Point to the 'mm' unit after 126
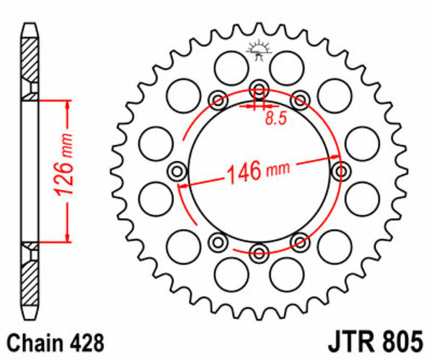click(x=66, y=142)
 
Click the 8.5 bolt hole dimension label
click(x=272, y=119)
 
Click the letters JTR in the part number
click(x=343, y=339)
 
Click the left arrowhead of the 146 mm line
click(x=184, y=186)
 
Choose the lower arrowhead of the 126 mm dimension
click(x=67, y=238)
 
